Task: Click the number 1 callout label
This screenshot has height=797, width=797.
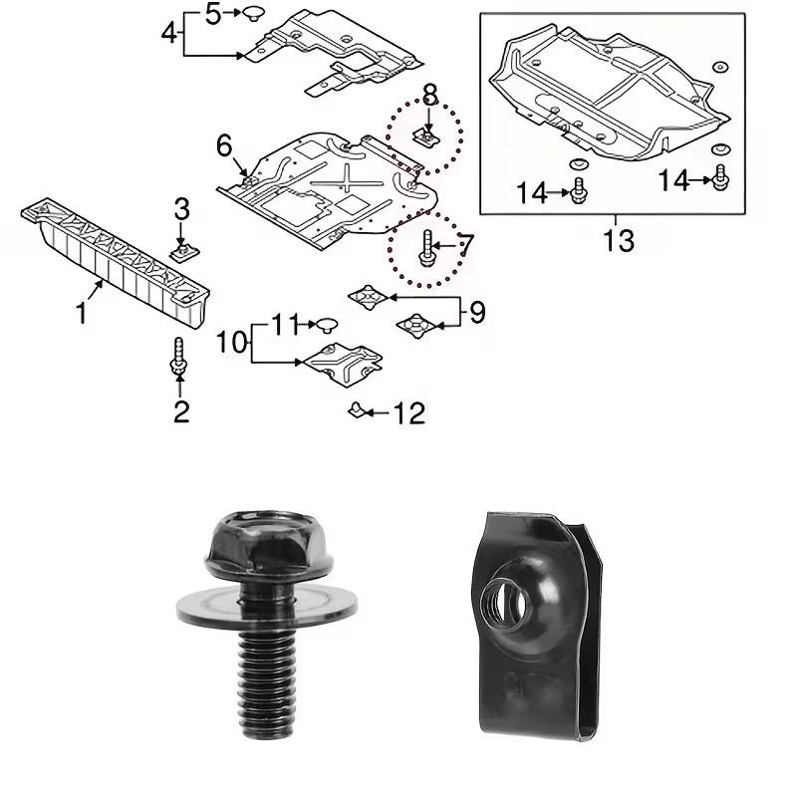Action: [82, 314]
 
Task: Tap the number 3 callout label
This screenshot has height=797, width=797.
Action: [181, 209]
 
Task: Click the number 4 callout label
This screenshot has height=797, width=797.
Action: [170, 33]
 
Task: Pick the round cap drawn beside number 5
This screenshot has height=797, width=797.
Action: [254, 13]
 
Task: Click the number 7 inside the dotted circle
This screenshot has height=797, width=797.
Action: [465, 242]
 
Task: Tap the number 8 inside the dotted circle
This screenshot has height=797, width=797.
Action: [429, 96]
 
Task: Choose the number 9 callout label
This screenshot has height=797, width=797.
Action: [477, 313]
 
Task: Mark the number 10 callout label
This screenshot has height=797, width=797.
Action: [230, 344]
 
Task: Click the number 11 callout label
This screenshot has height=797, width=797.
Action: [286, 324]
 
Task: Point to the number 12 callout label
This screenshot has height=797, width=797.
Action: [410, 412]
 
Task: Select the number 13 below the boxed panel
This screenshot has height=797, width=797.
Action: [618, 240]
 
